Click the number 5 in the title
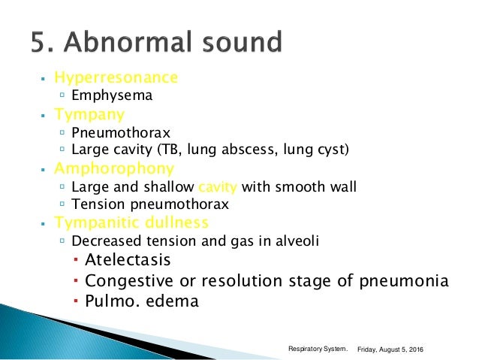38,41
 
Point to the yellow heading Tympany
89,114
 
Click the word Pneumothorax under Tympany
111,132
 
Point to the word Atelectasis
128,260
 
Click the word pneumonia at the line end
407,281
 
